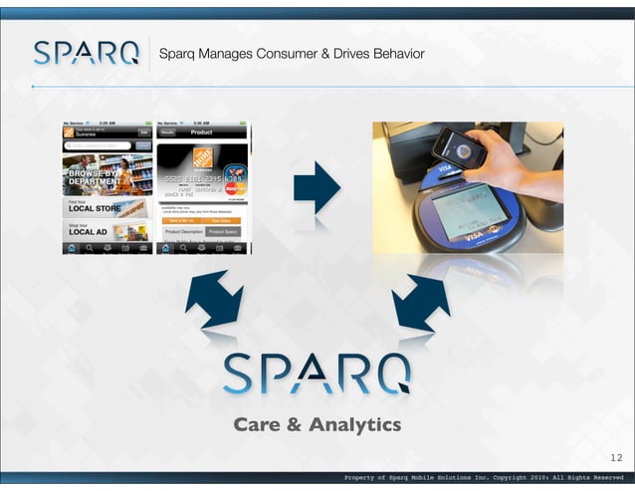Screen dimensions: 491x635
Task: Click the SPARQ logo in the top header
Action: pos(86,53)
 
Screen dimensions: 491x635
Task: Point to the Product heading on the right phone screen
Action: pos(202,131)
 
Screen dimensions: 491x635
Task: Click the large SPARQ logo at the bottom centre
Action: pos(317,373)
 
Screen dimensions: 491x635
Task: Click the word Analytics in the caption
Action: pos(354,425)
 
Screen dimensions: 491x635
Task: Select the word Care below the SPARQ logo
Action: pos(256,425)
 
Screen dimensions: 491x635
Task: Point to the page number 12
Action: pos(615,458)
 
